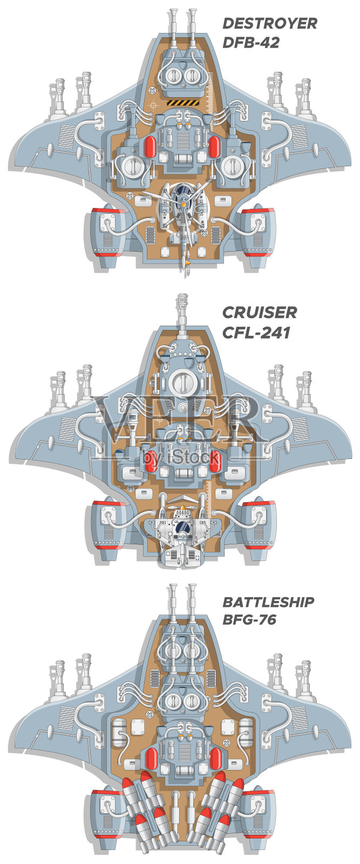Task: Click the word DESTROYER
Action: [269, 24]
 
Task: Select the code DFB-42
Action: [251, 42]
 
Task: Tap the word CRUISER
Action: [260, 313]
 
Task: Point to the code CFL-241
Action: [256, 332]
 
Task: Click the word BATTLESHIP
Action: [268, 602]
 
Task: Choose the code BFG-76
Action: [249, 619]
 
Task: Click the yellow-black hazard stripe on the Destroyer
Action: [183, 103]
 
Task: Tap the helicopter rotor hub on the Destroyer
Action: [184, 204]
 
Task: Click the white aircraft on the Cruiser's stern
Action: [182, 535]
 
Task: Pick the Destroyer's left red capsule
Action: [151, 146]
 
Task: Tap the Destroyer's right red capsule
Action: [214, 146]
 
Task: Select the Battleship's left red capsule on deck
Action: [151, 759]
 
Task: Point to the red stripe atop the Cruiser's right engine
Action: [258, 504]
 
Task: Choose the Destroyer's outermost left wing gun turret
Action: [59, 100]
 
